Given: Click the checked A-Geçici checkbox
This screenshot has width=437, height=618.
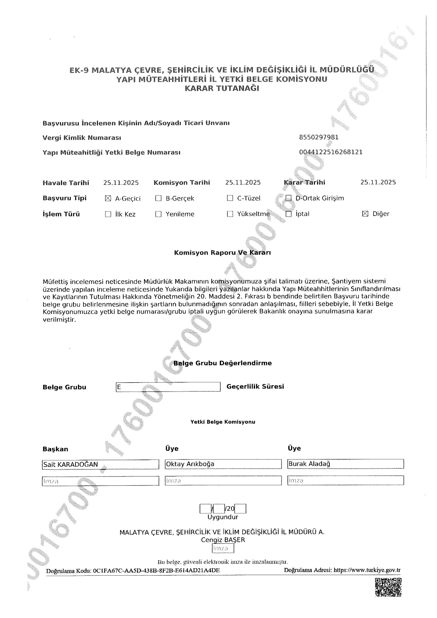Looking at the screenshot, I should point(108,199).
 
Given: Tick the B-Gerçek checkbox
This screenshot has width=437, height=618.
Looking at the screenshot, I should point(158,198).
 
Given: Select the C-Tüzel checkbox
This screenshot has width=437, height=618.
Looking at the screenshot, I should point(230,198).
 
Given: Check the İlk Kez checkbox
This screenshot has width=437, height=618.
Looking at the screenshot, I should point(108,214).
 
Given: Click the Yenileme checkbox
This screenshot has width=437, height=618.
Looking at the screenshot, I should point(158,214).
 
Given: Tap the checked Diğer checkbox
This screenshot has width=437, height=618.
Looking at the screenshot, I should point(365,214).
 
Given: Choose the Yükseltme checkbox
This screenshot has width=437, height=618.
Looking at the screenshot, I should point(230,214).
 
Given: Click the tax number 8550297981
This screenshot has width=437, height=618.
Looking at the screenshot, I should point(319,137).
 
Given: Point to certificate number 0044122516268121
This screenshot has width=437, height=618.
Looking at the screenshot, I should point(331,152).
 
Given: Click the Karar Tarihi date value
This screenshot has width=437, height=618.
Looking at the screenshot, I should point(378,182).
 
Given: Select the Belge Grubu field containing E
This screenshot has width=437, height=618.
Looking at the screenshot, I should point(168,387).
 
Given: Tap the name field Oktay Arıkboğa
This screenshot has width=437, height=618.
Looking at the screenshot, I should point(223,464).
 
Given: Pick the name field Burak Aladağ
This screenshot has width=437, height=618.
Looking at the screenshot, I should point(345,464).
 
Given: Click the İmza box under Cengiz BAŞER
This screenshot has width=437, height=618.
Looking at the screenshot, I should point(223,548).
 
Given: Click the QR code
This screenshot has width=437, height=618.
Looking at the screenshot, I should point(388,587).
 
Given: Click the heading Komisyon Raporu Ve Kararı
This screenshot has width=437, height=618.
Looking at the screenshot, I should point(223,253).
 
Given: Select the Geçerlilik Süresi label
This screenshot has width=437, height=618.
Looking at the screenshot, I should point(255,387).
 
